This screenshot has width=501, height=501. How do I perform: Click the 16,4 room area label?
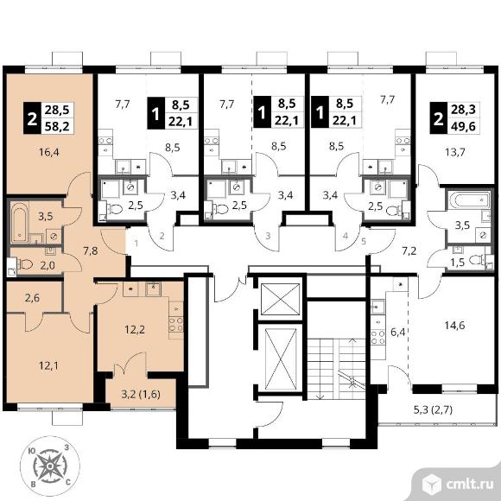(x=49, y=152)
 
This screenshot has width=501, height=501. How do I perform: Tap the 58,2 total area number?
(x=57, y=126)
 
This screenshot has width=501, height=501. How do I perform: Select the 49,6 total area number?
(x=463, y=126)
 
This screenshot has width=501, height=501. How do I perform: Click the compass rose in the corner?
(x=50, y=466)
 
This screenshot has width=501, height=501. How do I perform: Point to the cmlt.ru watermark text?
(x=469, y=485)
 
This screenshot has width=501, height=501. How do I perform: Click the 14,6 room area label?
(x=454, y=326)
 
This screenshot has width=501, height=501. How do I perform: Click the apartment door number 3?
(x=268, y=236)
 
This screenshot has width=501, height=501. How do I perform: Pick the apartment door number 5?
(x=364, y=241)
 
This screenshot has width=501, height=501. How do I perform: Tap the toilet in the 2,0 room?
(x=26, y=264)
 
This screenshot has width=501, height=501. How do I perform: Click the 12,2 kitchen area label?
(x=135, y=329)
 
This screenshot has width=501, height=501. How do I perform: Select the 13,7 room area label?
(x=454, y=152)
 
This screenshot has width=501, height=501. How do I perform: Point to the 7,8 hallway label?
(x=91, y=250)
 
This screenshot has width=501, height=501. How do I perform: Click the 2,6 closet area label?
(x=32, y=298)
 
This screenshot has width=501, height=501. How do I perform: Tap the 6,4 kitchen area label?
(x=398, y=333)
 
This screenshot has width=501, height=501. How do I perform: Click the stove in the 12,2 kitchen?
(x=176, y=324)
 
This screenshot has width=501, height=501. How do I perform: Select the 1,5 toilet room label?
(x=457, y=263)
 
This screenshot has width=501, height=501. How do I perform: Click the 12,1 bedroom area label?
(x=48, y=365)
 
